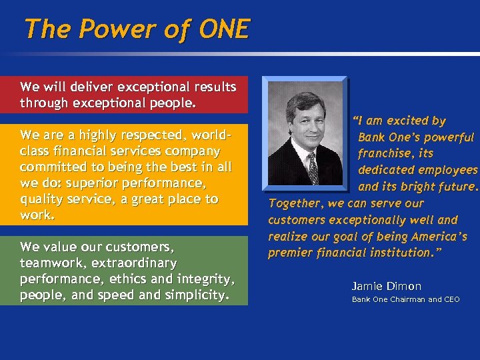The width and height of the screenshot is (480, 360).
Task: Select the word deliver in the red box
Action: point(92,87)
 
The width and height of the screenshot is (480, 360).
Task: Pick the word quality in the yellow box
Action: point(42,199)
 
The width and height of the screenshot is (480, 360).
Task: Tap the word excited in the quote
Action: point(405,121)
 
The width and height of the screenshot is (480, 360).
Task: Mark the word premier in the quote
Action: point(291,253)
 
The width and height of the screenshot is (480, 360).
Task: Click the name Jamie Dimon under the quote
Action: point(387,286)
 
